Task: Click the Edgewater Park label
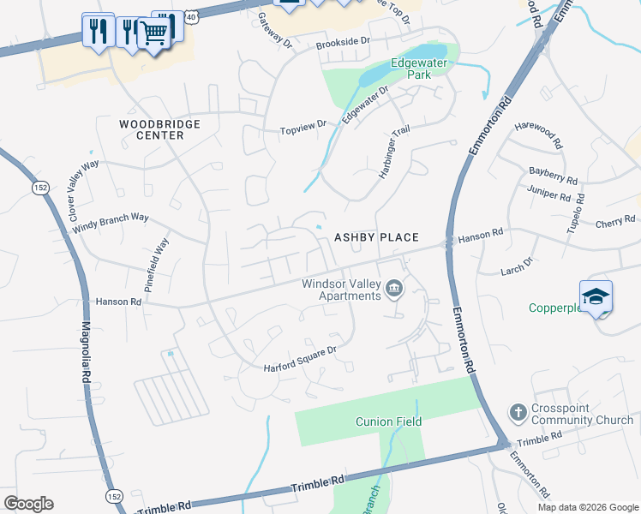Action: [x=410, y=69]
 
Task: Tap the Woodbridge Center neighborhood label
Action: [x=159, y=129]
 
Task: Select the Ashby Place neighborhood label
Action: [x=376, y=237]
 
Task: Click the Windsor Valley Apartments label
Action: [x=340, y=290]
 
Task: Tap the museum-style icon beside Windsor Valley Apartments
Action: [x=394, y=289]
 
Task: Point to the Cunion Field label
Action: [x=389, y=421]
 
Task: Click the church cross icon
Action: [x=518, y=413]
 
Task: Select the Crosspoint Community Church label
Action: [x=582, y=414]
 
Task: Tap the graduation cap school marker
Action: [x=596, y=296]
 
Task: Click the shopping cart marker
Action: [x=153, y=33]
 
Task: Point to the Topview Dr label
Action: [x=304, y=128]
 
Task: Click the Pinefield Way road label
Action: [x=157, y=266]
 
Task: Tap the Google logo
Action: [x=28, y=504]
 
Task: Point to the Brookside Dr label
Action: [x=342, y=41]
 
